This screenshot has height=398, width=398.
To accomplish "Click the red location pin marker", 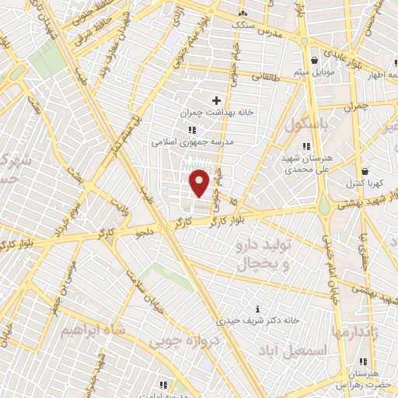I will [201, 183].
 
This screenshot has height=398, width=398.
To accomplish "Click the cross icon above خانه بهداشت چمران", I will [216, 101].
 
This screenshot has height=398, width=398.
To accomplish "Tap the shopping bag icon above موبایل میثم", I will [314, 60].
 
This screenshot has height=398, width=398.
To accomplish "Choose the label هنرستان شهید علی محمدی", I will [305, 162].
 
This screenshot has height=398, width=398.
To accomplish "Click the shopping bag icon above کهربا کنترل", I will [365, 171].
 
